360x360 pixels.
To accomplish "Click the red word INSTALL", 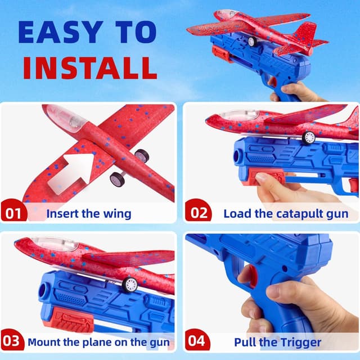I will pos(85,67).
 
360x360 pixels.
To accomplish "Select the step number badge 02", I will pos(199,213).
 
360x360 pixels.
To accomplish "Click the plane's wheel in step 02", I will pos(308,138).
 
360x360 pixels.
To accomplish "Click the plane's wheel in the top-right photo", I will pos(252,42).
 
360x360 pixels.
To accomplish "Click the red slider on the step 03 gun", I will pos(70,323).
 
